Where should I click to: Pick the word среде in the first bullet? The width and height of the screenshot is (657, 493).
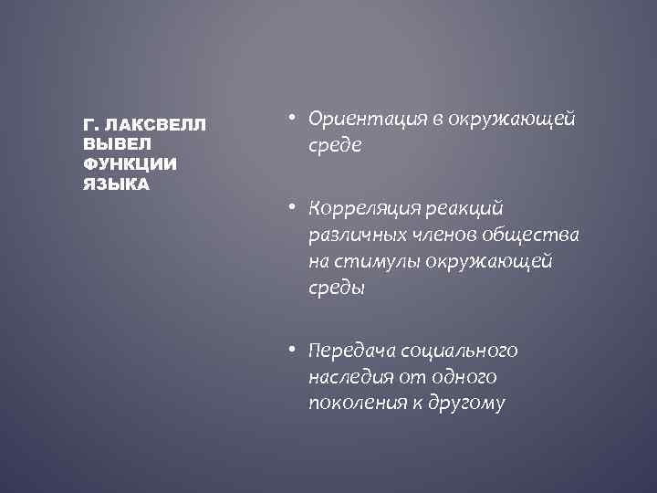(x=335, y=145)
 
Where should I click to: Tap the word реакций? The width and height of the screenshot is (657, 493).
(x=469, y=211)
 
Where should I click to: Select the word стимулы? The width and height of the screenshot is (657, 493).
(x=368, y=263)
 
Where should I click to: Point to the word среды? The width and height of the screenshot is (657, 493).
(x=336, y=289)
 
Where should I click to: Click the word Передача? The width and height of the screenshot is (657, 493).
(x=347, y=351)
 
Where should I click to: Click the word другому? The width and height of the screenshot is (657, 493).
(x=464, y=404)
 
